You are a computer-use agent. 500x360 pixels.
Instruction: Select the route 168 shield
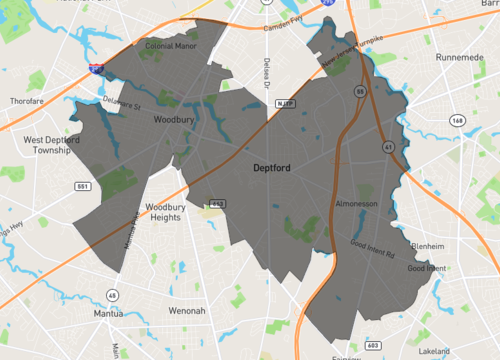457,120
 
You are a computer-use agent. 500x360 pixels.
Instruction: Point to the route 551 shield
83,187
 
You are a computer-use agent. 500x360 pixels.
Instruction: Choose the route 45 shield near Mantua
113,295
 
